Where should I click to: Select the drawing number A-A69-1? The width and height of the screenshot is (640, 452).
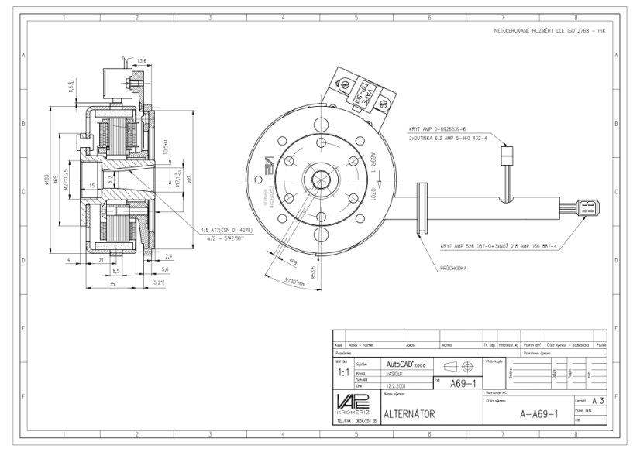(x=538, y=413)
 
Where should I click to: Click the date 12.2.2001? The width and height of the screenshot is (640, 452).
(x=397, y=385)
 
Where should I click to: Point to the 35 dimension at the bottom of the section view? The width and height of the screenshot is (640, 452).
(x=113, y=284)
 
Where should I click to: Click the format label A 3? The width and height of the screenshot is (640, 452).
(x=596, y=401)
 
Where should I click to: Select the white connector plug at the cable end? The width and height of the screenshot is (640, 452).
(x=587, y=207)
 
